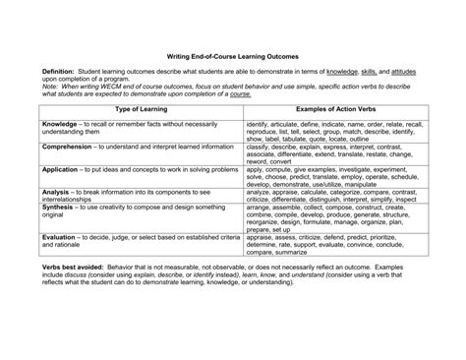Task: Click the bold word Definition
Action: [60, 73]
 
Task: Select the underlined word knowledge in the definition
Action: [342, 73]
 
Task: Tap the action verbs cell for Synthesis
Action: [335, 218]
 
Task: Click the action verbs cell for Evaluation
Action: [335, 244]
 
